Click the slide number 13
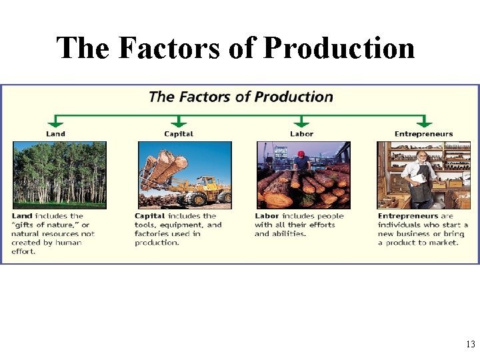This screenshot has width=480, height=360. click(471, 345)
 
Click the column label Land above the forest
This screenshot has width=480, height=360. click(55, 134)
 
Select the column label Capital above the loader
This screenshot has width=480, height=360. click(178, 134)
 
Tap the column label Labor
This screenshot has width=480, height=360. click(301, 134)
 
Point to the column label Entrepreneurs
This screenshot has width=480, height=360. click(423, 134)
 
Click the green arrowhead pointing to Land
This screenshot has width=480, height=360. click(55, 122)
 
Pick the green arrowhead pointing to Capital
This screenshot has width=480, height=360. click(178, 122)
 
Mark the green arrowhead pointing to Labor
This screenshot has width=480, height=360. click(301, 122)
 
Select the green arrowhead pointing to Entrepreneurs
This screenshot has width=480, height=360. click(423, 122)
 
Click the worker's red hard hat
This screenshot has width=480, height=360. click(301, 154)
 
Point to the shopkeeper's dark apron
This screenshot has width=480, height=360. click(421, 189)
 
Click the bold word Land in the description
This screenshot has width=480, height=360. click(22, 216)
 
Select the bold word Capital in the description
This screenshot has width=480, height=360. click(149, 216)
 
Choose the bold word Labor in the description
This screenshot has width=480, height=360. click(267, 216)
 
